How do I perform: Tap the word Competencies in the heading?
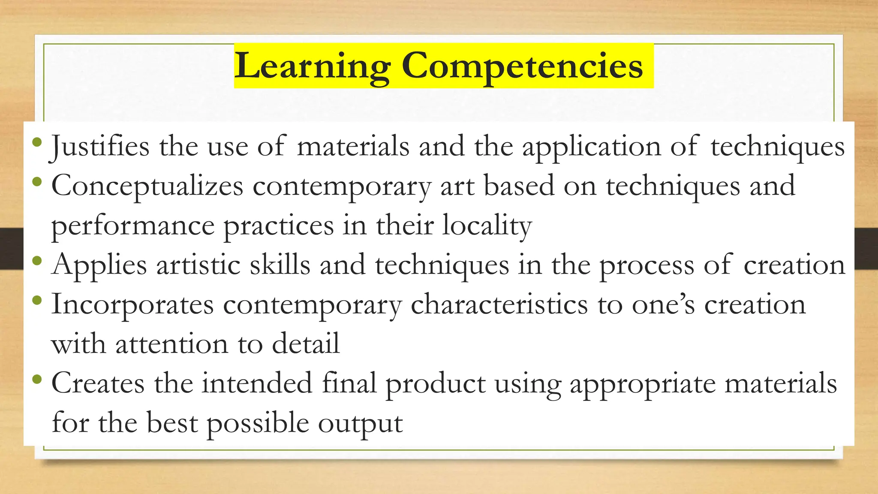(x=522, y=66)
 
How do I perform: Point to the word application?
(x=591, y=147)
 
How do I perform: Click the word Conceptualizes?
(x=147, y=186)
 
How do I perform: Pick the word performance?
(x=133, y=226)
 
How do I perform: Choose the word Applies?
(x=99, y=265)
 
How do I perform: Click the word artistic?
(x=198, y=265)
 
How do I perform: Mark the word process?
(x=646, y=265)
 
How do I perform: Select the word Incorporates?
(x=132, y=304)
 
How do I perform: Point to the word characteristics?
(x=499, y=304)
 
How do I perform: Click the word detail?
(x=306, y=344)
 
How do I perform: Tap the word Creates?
(x=98, y=383)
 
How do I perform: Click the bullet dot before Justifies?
(x=37, y=142)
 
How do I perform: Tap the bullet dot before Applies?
(x=37, y=260)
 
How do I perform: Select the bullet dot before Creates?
(x=37, y=379)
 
